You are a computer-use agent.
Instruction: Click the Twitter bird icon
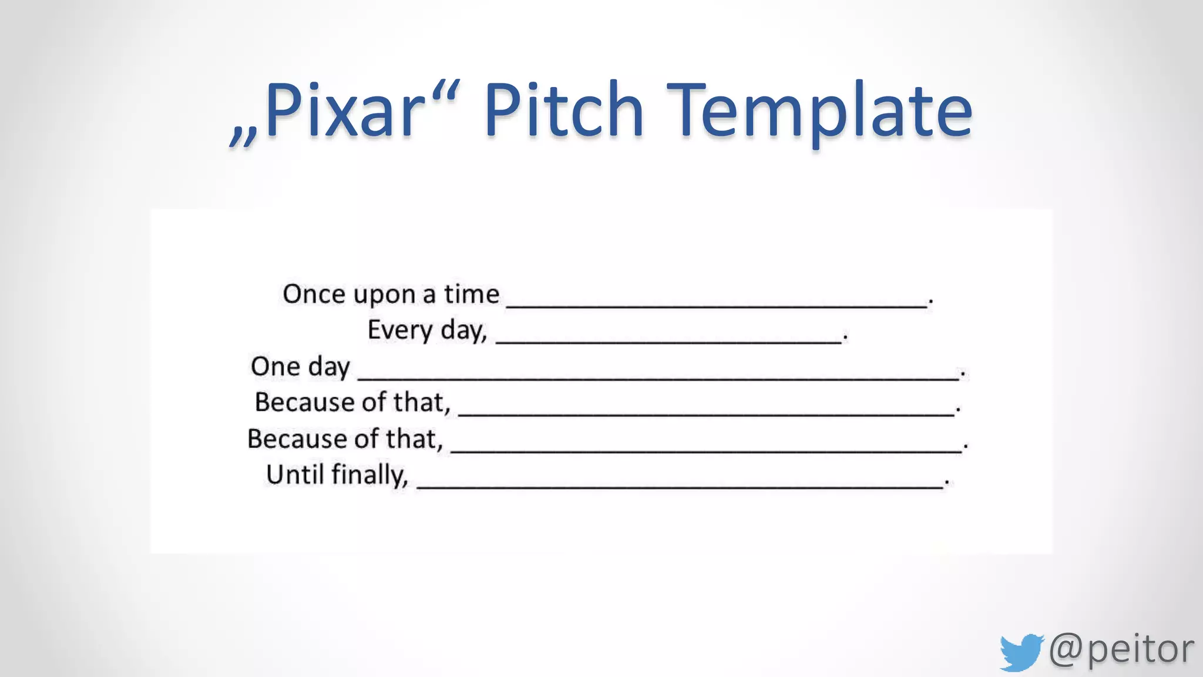(x=1021, y=652)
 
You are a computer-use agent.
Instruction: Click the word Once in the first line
(x=314, y=294)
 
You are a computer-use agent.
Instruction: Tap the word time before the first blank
(x=471, y=294)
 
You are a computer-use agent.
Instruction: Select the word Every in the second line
(x=400, y=330)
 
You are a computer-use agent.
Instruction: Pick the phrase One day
(x=300, y=367)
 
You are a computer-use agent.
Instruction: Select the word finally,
(x=369, y=475)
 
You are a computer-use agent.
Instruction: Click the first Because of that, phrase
(x=352, y=403)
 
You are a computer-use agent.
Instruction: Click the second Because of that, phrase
(x=345, y=439)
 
